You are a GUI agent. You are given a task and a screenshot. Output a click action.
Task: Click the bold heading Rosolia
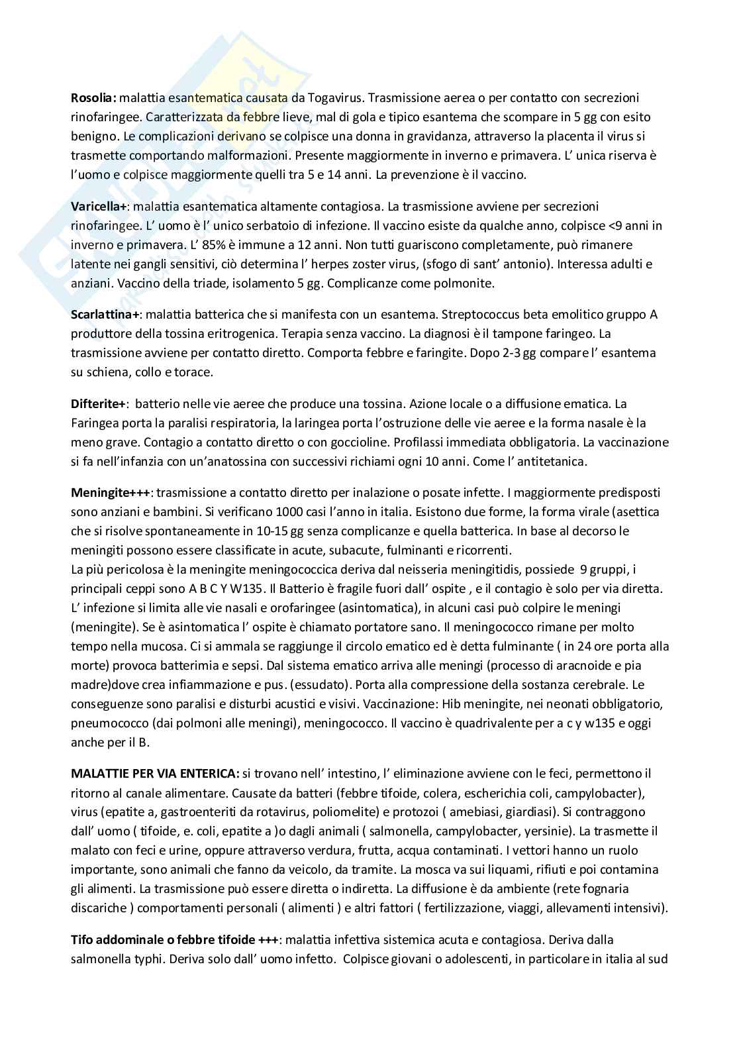pos(93,98)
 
